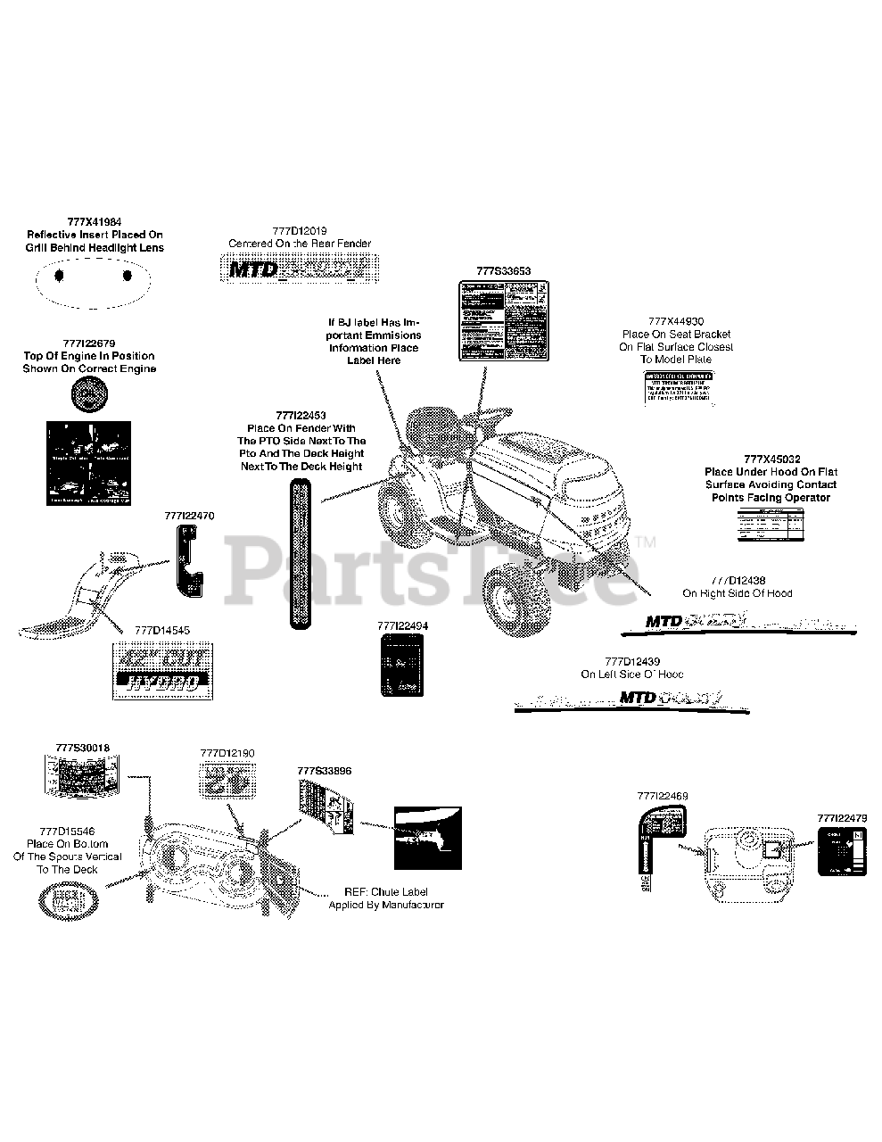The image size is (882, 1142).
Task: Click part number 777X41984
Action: coord(94,222)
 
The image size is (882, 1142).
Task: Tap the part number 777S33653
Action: coord(503,270)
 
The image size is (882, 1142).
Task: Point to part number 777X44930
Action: coord(676,321)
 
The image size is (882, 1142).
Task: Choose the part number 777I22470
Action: coord(189,516)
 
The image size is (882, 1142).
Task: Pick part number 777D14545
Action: coord(161,630)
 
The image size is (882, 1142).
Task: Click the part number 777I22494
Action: coord(402,625)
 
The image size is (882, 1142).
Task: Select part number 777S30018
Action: coord(82,747)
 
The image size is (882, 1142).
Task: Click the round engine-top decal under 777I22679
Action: coord(90,393)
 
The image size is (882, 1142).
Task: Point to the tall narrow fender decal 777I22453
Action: coord(301,552)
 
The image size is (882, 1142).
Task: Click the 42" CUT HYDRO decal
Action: coord(163,670)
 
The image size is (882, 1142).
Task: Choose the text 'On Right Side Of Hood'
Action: coord(737,593)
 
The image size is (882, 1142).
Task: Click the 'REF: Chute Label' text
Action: coord(385,891)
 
